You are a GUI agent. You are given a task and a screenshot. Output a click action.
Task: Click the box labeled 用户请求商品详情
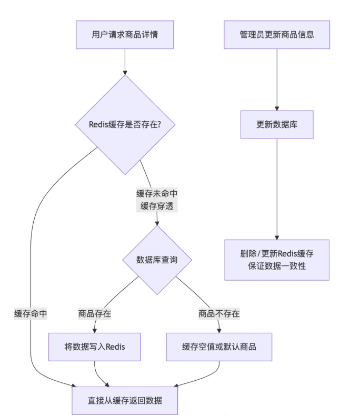(x=125, y=35)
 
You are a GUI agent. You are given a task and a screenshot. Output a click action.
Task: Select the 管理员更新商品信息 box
(x=277, y=35)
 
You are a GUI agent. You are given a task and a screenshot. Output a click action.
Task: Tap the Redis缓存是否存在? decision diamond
(x=125, y=125)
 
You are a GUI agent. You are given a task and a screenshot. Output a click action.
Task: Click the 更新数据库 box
(x=277, y=125)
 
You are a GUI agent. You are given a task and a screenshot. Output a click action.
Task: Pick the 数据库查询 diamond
(x=157, y=260)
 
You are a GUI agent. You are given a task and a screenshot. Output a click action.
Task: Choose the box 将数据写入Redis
(x=95, y=347)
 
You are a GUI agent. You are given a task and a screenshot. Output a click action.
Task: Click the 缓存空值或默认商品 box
(x=219, y=347)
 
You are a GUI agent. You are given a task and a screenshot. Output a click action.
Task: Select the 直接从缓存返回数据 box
(x=125, y=400)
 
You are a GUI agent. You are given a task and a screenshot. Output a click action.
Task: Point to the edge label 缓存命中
(x=31, y=313)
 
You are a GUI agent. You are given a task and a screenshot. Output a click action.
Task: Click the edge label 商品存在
(x=95, y=313)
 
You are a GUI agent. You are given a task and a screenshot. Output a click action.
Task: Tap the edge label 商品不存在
(x=219, y=313)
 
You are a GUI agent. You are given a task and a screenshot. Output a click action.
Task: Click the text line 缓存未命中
(x=157, y=193)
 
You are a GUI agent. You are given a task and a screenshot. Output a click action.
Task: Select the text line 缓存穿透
(x=157, y=206)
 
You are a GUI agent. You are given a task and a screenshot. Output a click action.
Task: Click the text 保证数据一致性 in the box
(x=277, y=266)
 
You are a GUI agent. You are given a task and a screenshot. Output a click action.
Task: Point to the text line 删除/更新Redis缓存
(x=277, y=253)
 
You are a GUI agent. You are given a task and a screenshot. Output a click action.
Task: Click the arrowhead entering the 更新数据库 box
(x=277, y=107)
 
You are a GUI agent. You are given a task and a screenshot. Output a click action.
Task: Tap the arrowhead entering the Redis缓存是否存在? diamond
(x=125, y=72)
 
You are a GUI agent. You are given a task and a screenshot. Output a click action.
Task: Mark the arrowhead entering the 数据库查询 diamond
(x=157, y=223)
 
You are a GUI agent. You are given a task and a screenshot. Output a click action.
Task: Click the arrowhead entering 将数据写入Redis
(x=95, y=330)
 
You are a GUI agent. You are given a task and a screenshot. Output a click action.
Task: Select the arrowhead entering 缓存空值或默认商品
(x=219, y=330)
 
